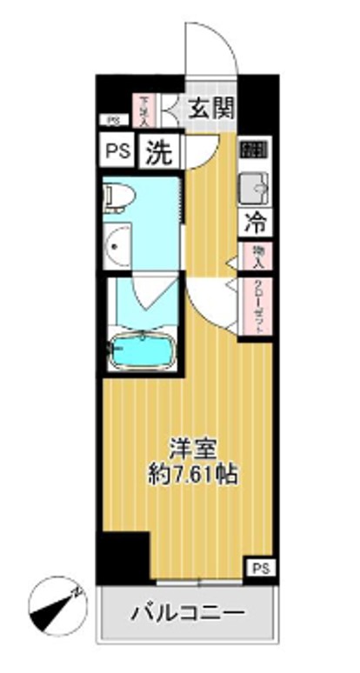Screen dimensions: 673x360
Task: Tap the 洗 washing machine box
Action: point(158,153)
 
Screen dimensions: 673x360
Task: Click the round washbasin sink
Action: point(117,248)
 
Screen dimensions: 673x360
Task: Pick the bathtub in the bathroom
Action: point(143,350)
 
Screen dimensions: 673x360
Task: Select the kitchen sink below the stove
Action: point(255,185)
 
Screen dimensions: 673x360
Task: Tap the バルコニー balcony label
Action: point(188,614)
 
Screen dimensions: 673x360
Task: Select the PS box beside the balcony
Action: point(258,568)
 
